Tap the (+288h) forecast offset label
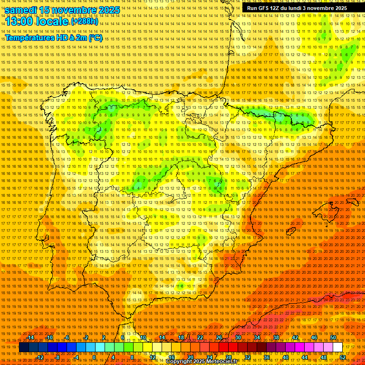pyautogui.click(x=84, y=21)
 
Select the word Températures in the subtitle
pyautogui.click(x=30, y=38)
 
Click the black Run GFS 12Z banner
pyautogui.click(x=297, y=8)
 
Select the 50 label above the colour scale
pyautogui.click(x=333, y=337)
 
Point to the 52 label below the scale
pyautogui.click(x=343, y=357)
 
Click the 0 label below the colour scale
pyautogui.click(x=94, y=357)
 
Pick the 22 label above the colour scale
pyautogui.click(x=200, y=337)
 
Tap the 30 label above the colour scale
pyautogui.click(x=238, y=337)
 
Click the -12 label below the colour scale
pyautogui.click(x=40, y=357)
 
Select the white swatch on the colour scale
pyautogui.click(x=337, y=347)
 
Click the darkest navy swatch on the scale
pyautogui.click(x=24, y=347)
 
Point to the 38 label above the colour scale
pyautogui.click(x=276, y=337)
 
